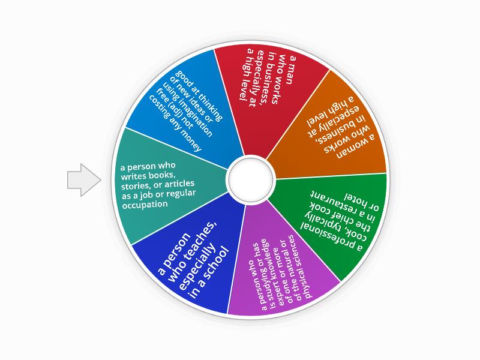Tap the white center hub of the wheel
coord(251,179)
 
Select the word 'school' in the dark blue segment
coord(217,263)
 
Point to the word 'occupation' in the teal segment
coord(145,205)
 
